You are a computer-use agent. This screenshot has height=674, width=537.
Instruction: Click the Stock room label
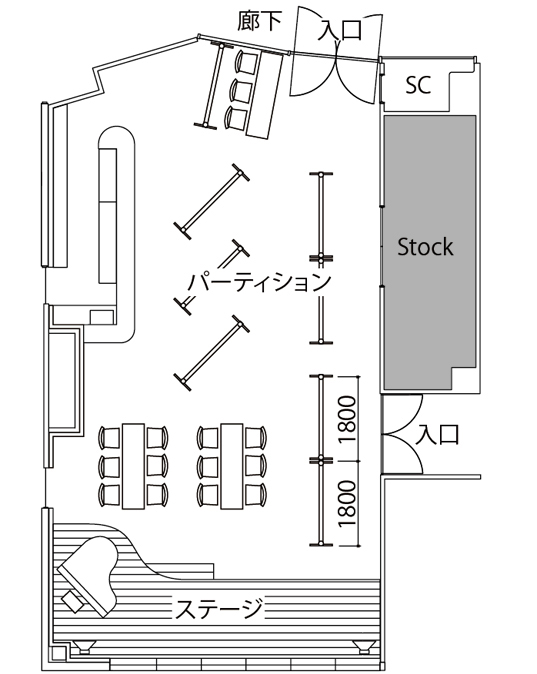tap(425, 247)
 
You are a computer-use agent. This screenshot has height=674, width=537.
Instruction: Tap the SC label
tap(418, 85)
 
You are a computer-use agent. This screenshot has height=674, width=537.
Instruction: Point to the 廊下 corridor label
tap(260, 21)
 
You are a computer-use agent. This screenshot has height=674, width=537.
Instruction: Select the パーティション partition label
tap(260, 282)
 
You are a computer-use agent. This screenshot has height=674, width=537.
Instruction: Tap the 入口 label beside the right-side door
tap(437, 434)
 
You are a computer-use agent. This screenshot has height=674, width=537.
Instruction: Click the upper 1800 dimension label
tap(347, 419)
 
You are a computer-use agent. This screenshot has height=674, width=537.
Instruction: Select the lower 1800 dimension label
tap(347, 503)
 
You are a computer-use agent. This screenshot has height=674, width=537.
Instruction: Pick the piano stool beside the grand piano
tap(73, 602)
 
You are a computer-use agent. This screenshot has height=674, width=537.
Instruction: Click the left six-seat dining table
tap(133, 466)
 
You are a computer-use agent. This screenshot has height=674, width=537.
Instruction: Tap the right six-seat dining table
tap(232, 466)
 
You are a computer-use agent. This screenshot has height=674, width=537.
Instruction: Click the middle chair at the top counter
tap(241, 89)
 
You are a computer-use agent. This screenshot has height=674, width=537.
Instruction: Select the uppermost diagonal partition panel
tap(212, 201)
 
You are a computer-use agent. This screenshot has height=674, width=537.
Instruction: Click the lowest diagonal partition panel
tap(212, 353)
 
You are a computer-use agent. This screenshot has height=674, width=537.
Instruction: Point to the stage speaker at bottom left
tap(84, 646)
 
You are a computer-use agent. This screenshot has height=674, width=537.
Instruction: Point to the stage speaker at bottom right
tap(366, 646)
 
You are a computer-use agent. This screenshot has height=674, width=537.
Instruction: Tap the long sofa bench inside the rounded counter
tap(107, 216)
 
